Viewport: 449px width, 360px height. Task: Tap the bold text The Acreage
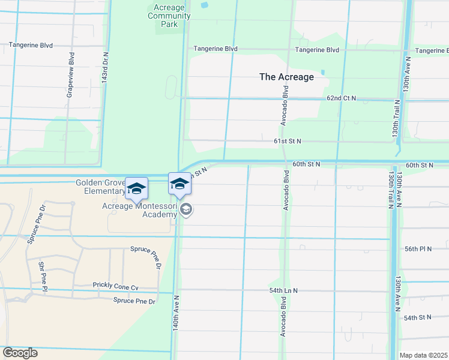286,77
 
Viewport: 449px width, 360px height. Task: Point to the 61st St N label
287,141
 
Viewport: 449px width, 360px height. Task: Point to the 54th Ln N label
283,290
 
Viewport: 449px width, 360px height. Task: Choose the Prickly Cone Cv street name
115,286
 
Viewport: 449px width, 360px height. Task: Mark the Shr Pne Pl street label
42,277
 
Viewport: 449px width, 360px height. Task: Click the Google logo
20,353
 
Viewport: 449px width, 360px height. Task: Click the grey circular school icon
186,209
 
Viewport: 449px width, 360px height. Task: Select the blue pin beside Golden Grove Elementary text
136,188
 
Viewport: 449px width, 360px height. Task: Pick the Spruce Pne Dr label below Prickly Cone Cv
134,301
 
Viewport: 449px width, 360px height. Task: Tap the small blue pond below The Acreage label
322,73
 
